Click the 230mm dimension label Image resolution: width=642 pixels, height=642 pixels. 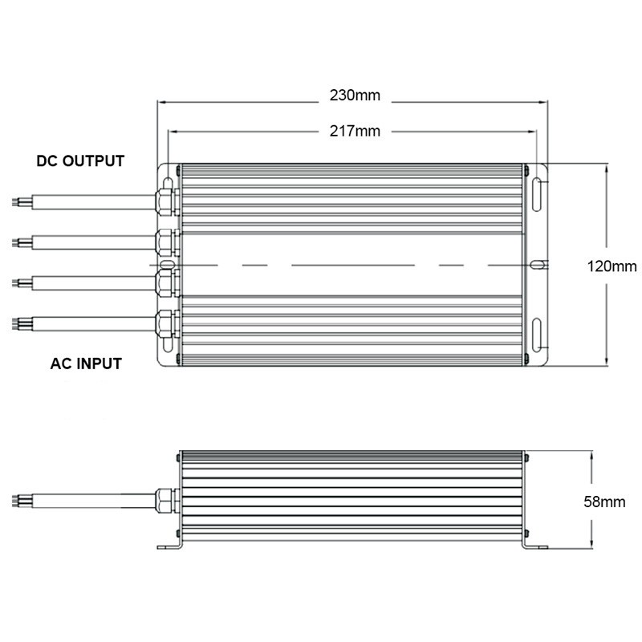click(x=355, y=95)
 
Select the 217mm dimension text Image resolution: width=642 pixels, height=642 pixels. click(x=355, y=131)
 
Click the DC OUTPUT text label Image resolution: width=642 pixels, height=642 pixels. click(x=80, y=160)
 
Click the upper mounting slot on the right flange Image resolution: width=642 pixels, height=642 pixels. click(x=537, y=196)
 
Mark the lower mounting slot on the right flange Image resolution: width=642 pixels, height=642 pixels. click(x=537, y=335)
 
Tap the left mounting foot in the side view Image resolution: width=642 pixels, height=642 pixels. click(x=170, y=547)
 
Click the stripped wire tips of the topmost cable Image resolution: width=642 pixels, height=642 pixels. click(x=17, y=201)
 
